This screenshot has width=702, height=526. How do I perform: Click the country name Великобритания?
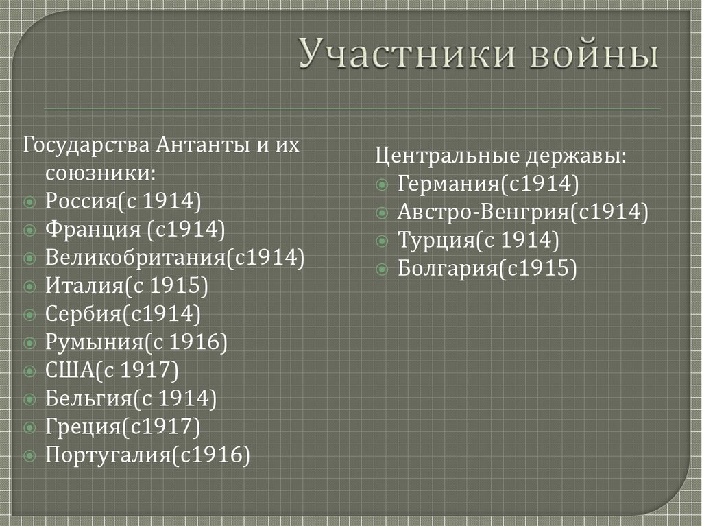click(135, 256)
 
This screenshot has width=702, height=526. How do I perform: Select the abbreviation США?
click(71, 370)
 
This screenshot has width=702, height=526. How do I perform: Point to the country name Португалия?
click(106, 454)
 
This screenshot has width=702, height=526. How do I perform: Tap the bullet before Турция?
click(382, 240)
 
